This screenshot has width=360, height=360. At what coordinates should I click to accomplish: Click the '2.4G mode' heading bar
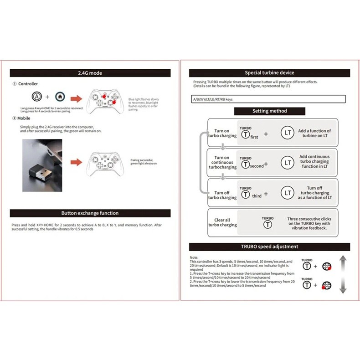coord(90,73)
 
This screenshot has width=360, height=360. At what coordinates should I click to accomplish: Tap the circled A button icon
coord(36,97)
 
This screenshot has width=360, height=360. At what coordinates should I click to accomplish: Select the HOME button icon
coord(59,97)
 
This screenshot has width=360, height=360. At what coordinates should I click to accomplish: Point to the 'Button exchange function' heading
coord(90,213)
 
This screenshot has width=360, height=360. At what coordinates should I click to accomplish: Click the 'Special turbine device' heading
coord(270,73)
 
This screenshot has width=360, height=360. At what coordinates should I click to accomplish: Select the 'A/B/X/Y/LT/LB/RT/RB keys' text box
coord(269,99)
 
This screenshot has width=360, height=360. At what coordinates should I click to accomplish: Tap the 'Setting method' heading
coord(269,111)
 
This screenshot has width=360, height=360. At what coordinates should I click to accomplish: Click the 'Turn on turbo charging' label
coord(222,133)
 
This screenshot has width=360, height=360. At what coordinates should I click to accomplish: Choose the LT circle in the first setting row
coord(287,133)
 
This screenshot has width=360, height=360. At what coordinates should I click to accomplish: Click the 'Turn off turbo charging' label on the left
coord(222,195)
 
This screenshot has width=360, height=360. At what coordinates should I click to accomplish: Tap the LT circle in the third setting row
coord(287,193)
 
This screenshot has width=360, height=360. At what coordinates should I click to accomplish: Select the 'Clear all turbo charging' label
coord(222,222)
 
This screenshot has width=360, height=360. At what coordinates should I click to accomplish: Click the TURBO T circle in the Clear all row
coord(268,224)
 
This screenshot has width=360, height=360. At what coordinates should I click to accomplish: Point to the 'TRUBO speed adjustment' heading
coord(270,247)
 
